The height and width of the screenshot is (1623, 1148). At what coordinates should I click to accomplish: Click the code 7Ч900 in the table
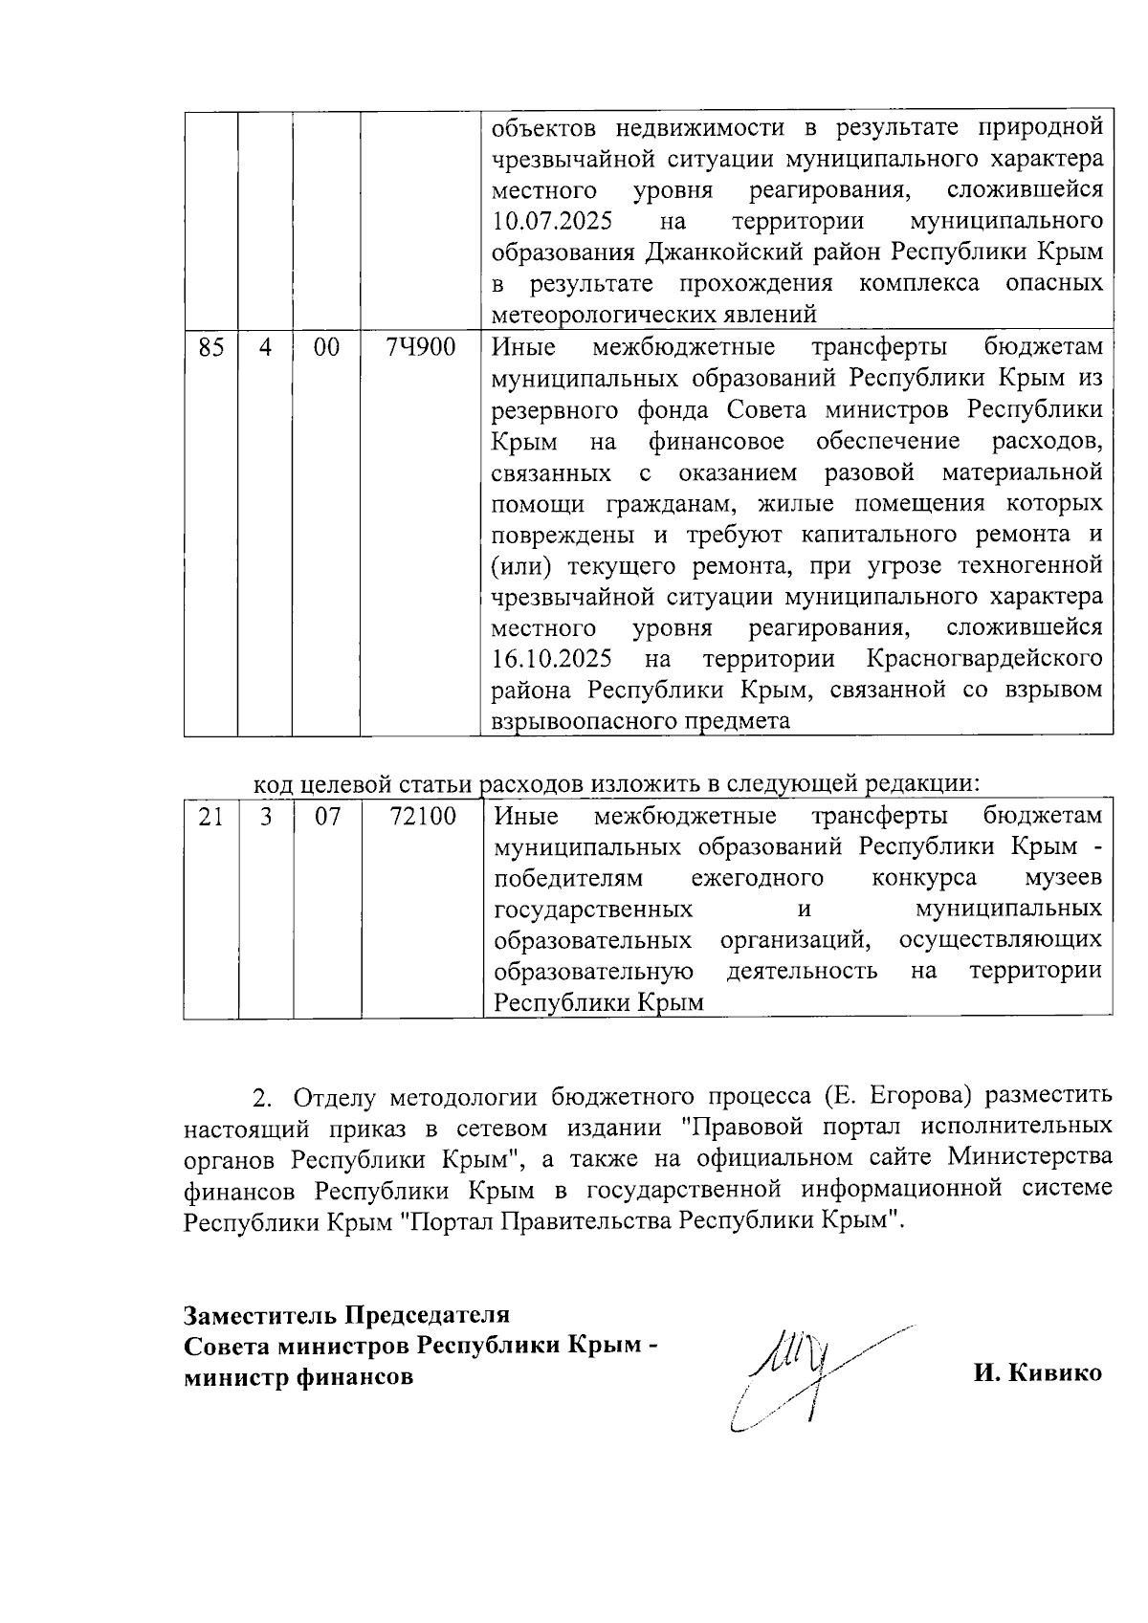420,347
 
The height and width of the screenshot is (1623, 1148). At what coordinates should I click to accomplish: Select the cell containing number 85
210,347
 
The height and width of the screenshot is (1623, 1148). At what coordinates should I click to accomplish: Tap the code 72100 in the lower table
423,816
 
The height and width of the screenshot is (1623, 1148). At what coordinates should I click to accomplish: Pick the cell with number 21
210,816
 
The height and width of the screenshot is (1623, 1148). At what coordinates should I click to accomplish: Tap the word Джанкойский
717,252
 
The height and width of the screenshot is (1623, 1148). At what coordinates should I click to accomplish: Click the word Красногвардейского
983,660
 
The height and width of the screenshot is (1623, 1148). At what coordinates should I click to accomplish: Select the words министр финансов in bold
299,1377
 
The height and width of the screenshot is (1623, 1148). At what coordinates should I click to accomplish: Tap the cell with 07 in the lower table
327,816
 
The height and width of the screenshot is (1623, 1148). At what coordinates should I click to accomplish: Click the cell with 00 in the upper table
327,347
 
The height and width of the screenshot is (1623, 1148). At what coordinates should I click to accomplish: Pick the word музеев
1062,878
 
